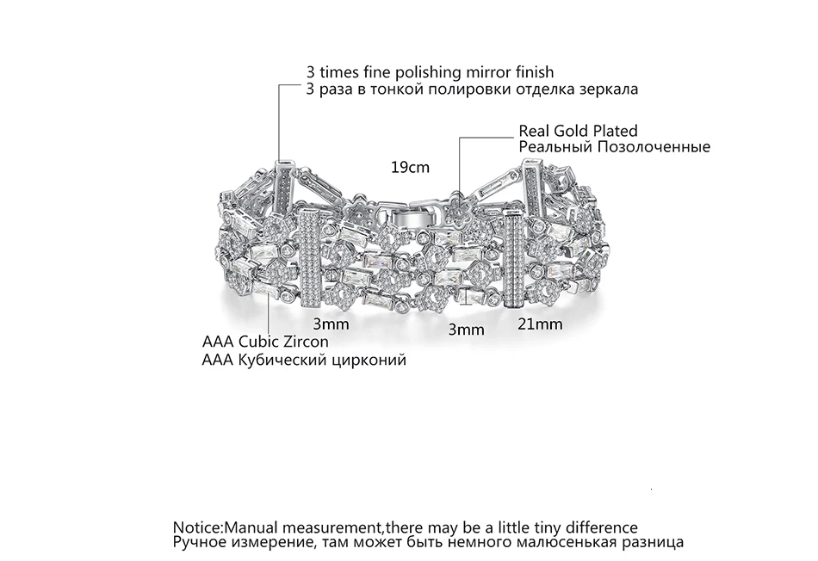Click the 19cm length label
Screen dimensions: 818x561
pyautogui.click(x=410, y=168)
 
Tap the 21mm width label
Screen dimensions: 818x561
pyautogui.click(x=540, y=324)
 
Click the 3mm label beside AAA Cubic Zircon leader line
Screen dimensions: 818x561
pyautogui.click(x=331, y=324)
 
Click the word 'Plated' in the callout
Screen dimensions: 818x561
pyautogui.click(x=617, y=130)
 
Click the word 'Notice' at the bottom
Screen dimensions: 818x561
pyautogui.click(x=198, y=527)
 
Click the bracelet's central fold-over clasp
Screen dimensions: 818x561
pyautogui.click(x=417, y=215)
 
